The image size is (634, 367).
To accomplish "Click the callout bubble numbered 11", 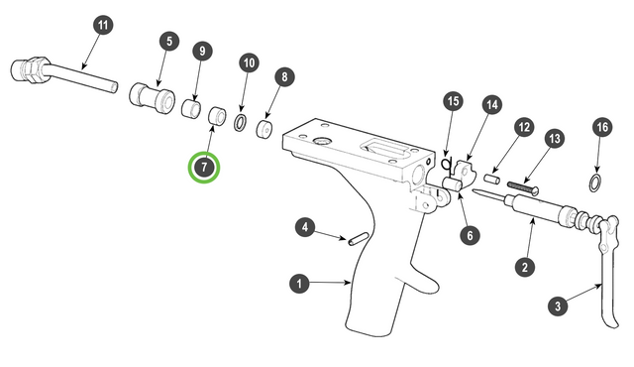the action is [x=103, y=25].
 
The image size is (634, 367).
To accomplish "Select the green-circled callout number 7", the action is [x=204, y=167].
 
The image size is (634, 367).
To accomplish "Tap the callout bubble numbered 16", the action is [x=602, y=127].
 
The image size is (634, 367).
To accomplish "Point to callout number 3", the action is [x=558, y=306].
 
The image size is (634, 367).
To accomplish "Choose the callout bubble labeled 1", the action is [x=299, y=284].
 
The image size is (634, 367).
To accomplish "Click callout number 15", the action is [x=454, y=101].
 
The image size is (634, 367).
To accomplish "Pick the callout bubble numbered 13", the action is [x=555, y=139].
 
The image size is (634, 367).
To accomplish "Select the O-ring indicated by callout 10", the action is [x=240, y=123].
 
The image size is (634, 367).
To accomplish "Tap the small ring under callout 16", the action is [x=594, y=183].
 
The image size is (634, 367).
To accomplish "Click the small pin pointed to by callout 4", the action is [x=358, y=238].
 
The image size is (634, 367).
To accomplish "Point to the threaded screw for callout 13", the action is [x=523, y=187].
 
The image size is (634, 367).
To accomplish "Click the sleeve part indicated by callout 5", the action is [x=152, y=98].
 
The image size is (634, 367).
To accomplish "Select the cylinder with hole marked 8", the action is [x=264, y=128].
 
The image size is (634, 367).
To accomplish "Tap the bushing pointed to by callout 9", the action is [x=191, y=108].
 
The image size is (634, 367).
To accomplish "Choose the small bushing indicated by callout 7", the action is [x=218, y=116].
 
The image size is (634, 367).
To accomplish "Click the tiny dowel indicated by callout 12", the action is [x=492, y=179].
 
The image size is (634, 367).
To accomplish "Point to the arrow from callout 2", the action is [x=529, y=239].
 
